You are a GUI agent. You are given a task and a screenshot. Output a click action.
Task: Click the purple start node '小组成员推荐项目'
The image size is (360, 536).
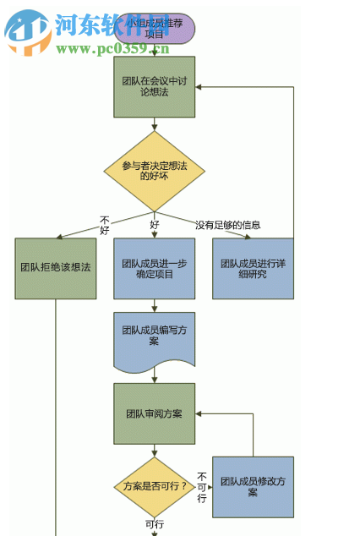tap(154, 29)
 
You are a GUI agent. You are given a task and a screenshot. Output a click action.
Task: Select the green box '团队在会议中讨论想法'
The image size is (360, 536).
tap(154, 86)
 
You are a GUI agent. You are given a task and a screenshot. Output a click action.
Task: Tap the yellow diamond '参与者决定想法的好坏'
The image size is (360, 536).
tap(154, 170)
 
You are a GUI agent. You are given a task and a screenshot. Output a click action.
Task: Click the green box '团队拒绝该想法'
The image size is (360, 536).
tap(56, 268)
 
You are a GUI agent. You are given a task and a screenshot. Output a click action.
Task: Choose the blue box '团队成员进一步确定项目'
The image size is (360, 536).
tap(154, 268)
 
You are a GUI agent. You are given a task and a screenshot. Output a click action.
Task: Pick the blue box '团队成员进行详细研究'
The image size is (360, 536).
tap(253, 268)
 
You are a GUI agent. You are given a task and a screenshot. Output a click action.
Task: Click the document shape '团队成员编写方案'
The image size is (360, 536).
tap(154, 336)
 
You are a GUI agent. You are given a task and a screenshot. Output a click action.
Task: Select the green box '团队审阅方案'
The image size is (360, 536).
tap(154, 413)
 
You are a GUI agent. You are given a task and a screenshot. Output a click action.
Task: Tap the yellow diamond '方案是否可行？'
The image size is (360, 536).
tap(154, 487)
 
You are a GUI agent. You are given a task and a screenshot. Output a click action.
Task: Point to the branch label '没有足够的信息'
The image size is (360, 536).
tap(228, 225)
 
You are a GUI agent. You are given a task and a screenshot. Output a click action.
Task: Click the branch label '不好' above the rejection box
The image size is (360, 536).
tap(105, 225)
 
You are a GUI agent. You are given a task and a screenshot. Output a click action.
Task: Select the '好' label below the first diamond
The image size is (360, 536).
tap(155, 225)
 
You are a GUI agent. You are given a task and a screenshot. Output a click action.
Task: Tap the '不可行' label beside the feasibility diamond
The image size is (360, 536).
tap(202, 487)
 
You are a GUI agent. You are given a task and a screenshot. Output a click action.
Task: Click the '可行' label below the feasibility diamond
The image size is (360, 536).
tap(154, 525)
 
